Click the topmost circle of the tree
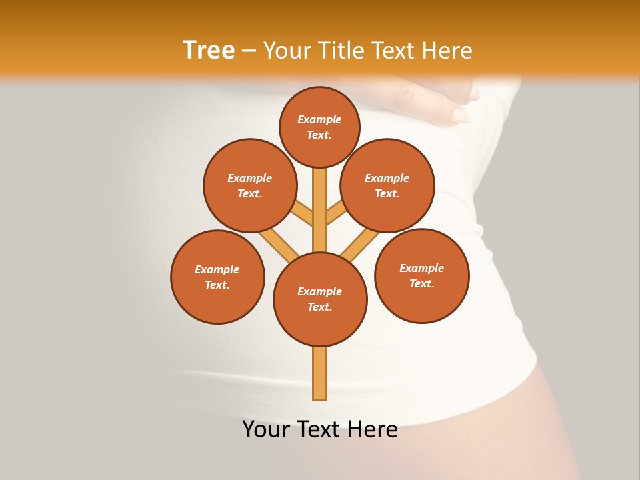[319, 127]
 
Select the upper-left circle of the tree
[250, 185]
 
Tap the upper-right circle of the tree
[387, 185]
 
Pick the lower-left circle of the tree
[217, 277]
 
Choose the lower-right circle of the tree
[422, 275]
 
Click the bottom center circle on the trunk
[320, 299]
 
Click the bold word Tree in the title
[209, 50]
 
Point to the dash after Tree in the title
[249, 51]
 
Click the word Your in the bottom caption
[266, 429]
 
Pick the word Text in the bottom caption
[320, 429]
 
